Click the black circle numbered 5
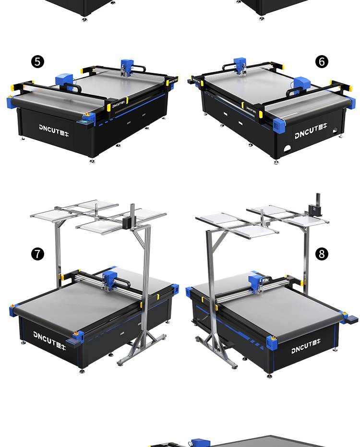37,61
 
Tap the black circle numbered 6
322,61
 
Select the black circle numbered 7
37,254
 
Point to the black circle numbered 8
322,254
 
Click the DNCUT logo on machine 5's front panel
54,130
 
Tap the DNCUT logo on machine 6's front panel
311,131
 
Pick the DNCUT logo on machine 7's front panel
49,340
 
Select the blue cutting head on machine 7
109,280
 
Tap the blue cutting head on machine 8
256,283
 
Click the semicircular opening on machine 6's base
288,149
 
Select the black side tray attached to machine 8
350,319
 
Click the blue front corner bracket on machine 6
278,125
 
